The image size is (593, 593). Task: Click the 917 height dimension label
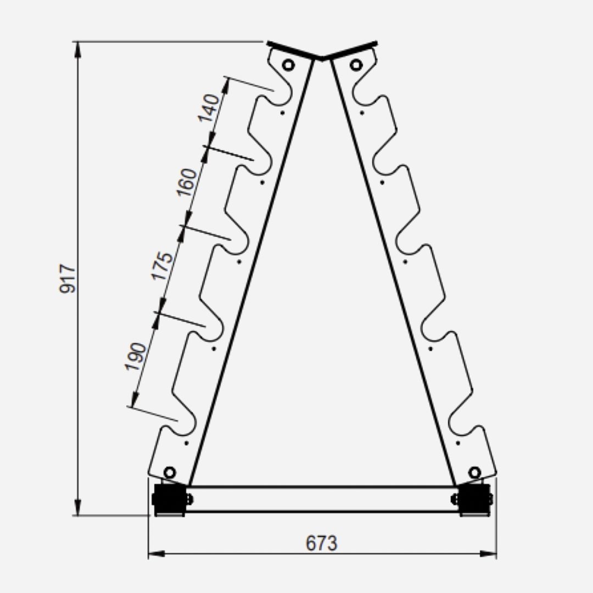[x=68, y=278]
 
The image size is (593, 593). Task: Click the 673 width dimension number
[x=322, y=543]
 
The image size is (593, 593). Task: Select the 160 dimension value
[x=187, y=183]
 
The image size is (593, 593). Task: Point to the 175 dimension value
[x=163, y=266]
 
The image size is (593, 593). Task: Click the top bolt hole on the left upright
[x=288, y=65]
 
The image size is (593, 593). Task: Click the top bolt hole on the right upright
[x=356, y=65]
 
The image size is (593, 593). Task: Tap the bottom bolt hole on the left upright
[x=170, y=472]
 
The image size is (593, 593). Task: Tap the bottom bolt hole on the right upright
[x=474, y=472]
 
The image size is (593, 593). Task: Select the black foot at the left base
[x=169, y=499]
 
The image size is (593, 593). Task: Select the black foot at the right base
[x=474, y=499]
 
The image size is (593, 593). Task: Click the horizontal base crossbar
[x=322, y=499]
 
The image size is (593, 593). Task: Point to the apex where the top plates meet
[x=322, y=57]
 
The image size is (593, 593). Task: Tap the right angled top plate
[x=351, y=49]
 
